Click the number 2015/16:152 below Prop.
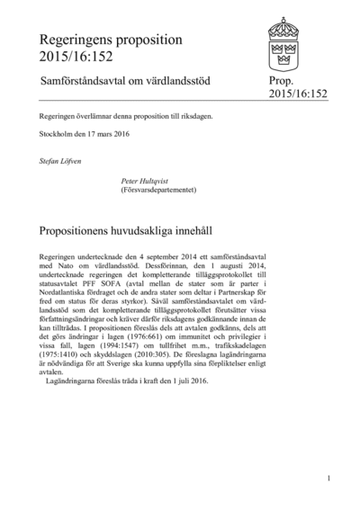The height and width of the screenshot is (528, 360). pos(300,94)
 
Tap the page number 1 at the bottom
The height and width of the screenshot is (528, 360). pos(329,478)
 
